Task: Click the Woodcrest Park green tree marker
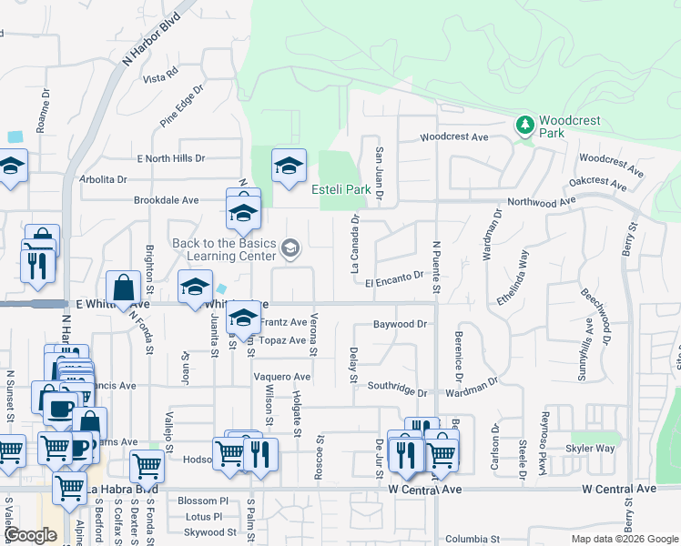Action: (x=523, y=125)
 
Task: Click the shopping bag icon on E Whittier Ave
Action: (x=123, y=288)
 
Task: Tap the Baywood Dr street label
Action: (x=400, y=324)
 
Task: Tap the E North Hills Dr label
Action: (x=171, y=158)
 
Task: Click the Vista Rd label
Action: (x=159, y=79)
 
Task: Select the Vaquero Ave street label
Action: (x=282, y=377)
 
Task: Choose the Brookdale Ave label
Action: (x=166, y=200)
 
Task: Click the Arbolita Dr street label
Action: (x=104, y=179)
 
